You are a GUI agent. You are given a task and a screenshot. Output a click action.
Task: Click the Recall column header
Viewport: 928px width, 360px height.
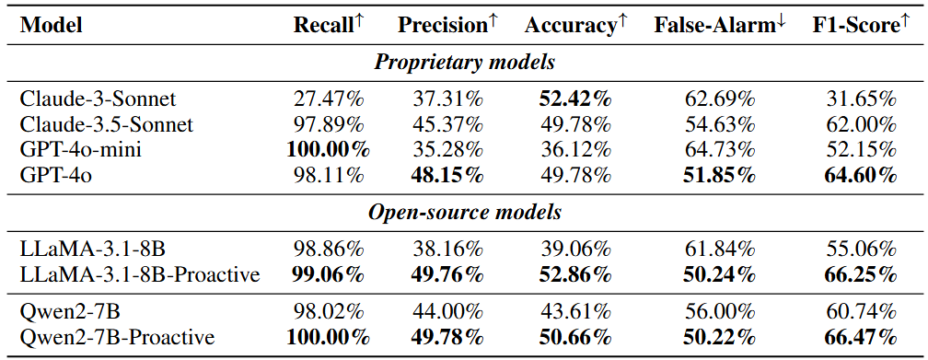click(328, 25)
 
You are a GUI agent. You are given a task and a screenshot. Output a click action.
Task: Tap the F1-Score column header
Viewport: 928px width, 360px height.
click(860, 25)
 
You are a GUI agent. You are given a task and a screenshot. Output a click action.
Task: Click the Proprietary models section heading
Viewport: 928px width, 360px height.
click(464, 63)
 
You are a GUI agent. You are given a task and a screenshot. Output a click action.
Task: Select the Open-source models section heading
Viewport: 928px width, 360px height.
click(464, 213)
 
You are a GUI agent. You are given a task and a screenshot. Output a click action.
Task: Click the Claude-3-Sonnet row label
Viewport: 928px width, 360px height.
click(98, 99)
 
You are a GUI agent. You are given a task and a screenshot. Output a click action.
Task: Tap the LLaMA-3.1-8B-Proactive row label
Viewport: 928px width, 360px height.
click(140, 274)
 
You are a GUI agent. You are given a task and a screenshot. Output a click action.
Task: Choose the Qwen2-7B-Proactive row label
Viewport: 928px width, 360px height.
click(117, 338)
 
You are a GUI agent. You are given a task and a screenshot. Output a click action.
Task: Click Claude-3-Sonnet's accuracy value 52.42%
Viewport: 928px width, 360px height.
click(575, 99)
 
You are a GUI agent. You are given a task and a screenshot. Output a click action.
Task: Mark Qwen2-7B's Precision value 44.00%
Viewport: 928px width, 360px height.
click(447, 311)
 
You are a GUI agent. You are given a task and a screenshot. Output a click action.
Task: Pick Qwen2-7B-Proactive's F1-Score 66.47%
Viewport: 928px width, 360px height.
click(860, 338)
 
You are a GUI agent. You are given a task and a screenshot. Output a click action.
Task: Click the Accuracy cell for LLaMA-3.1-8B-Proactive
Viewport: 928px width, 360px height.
click(575, 274)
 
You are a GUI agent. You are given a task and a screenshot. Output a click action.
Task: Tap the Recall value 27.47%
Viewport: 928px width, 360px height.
click(329, 99)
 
